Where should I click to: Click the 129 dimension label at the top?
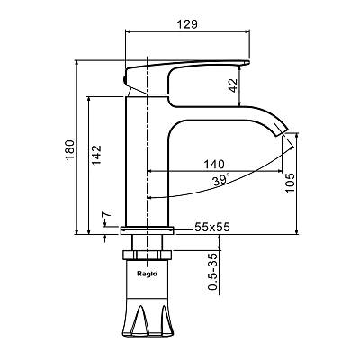click(187, 24)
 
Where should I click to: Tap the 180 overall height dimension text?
click(69, 150)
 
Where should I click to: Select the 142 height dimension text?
click(96, 155)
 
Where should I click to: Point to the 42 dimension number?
click(233, 85)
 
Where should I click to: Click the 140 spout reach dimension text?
click(214, 165)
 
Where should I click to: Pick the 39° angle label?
click(221, 179)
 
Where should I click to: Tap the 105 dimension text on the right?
click(290, 184)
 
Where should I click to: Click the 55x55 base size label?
click(212, 227)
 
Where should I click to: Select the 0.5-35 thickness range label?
click(212, 272)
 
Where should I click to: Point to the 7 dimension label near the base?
click(106, 215)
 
